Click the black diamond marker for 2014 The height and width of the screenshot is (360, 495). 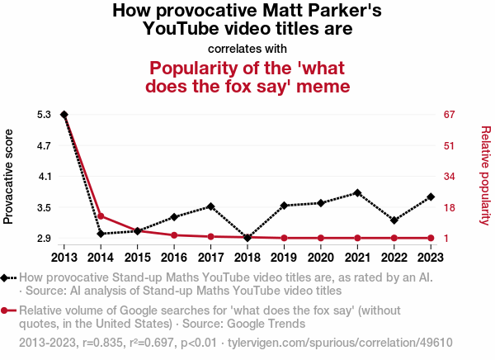[101, 234]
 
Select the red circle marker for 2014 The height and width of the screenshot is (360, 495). [101, 216]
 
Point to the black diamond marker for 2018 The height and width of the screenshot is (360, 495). [247, 238]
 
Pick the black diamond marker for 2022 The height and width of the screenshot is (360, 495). [394, 220]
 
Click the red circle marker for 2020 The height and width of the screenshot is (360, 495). [321, 238]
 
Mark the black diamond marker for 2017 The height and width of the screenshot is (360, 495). [211, 206]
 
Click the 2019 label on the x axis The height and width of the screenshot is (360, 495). [284, 257]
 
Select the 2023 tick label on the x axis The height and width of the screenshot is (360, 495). [431, 257]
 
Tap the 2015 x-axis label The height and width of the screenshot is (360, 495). [138, 257]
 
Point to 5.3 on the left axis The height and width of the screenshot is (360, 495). [45, 115]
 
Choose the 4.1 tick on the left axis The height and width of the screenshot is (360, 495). [45, 177]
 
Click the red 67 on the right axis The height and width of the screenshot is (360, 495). [450, 115]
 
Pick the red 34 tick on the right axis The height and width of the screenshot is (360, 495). [450, 177]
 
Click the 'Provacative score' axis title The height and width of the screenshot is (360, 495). [9, 177]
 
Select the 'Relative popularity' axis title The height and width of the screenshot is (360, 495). [485, 175]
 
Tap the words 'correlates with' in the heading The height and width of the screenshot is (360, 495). [247, 48]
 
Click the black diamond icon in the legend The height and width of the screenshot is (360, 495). [7, 278]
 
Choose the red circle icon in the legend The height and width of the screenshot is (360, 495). [7, 310]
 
